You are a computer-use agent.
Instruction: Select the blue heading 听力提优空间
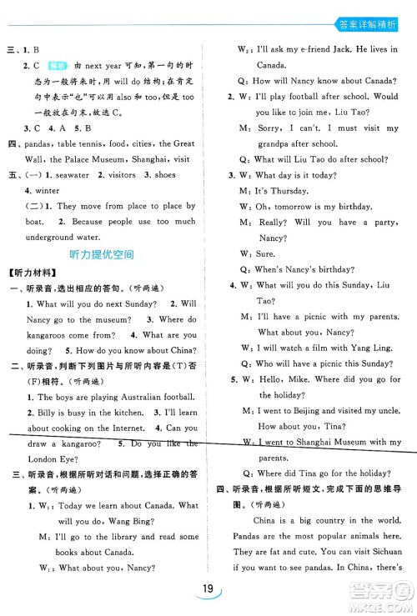pos(104,253)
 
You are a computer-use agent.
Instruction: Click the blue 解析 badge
pos(56,64)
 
